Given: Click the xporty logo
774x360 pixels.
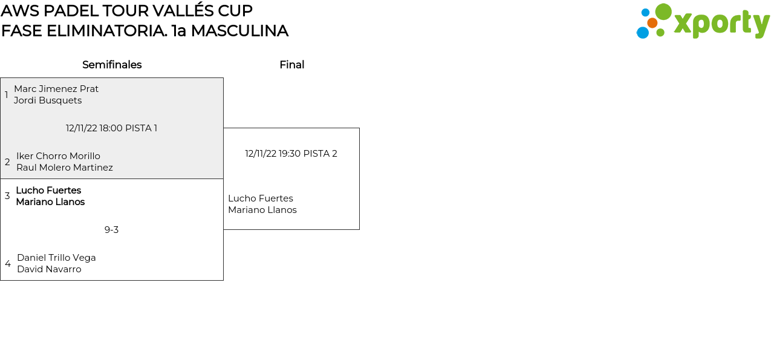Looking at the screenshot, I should coord(703,22).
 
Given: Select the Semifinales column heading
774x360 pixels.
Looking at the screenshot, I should coord(112,65).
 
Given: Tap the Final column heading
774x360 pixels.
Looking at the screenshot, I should coord(291,65).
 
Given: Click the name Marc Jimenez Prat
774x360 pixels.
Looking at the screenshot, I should coord(56,89).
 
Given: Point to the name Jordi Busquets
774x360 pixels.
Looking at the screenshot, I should coord(48,100).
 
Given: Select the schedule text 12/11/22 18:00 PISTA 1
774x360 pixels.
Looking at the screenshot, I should coord(111,128).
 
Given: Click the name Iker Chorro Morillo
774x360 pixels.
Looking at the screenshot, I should coord(58,156).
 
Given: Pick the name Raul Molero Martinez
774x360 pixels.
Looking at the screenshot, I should coord(64,168).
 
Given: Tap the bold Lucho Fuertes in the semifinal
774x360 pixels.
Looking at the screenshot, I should coord(48,191).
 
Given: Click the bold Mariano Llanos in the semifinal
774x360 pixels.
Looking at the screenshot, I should coord(50,202).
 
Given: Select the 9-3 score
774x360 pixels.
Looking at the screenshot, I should coord(111,230).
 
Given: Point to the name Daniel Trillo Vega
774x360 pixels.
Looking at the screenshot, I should coord(56,258).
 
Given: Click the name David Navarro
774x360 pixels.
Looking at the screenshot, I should coord(49,269).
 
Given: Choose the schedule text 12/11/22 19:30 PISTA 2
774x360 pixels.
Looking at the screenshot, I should coord(291,154).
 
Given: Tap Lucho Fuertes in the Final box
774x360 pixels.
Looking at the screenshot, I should coord(261,198).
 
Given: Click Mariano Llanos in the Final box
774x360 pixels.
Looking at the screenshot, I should coord(262,210).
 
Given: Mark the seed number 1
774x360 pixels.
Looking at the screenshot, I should coord(7,95).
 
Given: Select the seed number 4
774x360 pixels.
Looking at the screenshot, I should coord(7,264).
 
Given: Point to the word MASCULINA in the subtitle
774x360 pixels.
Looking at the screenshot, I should coord(239,31).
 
